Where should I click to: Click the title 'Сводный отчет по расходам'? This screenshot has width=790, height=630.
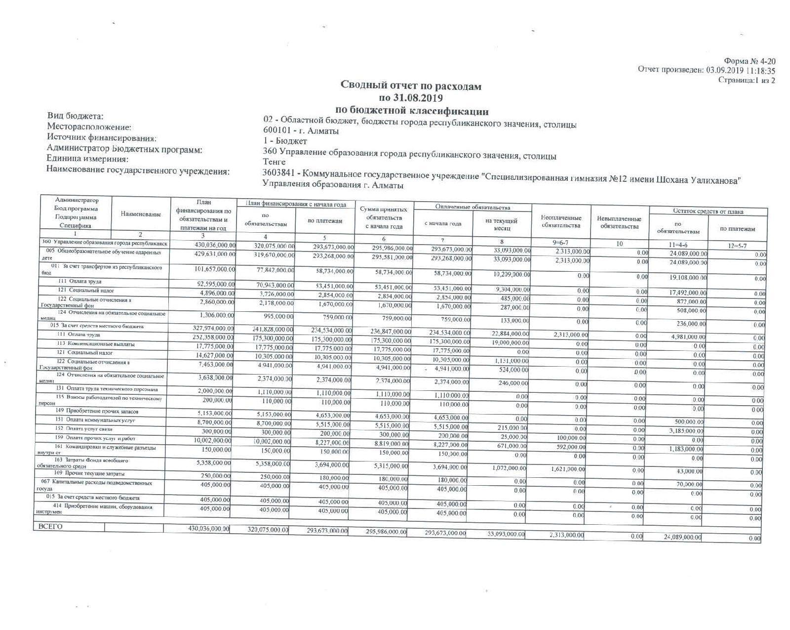(411, 86)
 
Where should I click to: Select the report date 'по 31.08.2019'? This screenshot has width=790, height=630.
(411, 98)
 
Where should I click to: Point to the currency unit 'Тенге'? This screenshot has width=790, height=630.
(275, 162)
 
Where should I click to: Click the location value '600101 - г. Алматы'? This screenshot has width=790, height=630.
(301, 131)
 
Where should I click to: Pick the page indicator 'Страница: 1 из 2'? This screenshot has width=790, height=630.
(747, 80)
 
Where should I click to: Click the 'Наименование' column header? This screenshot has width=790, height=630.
(141, 214)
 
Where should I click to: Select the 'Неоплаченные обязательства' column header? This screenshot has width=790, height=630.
(561, 221)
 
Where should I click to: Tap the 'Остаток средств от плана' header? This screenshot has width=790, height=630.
(708, 211)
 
